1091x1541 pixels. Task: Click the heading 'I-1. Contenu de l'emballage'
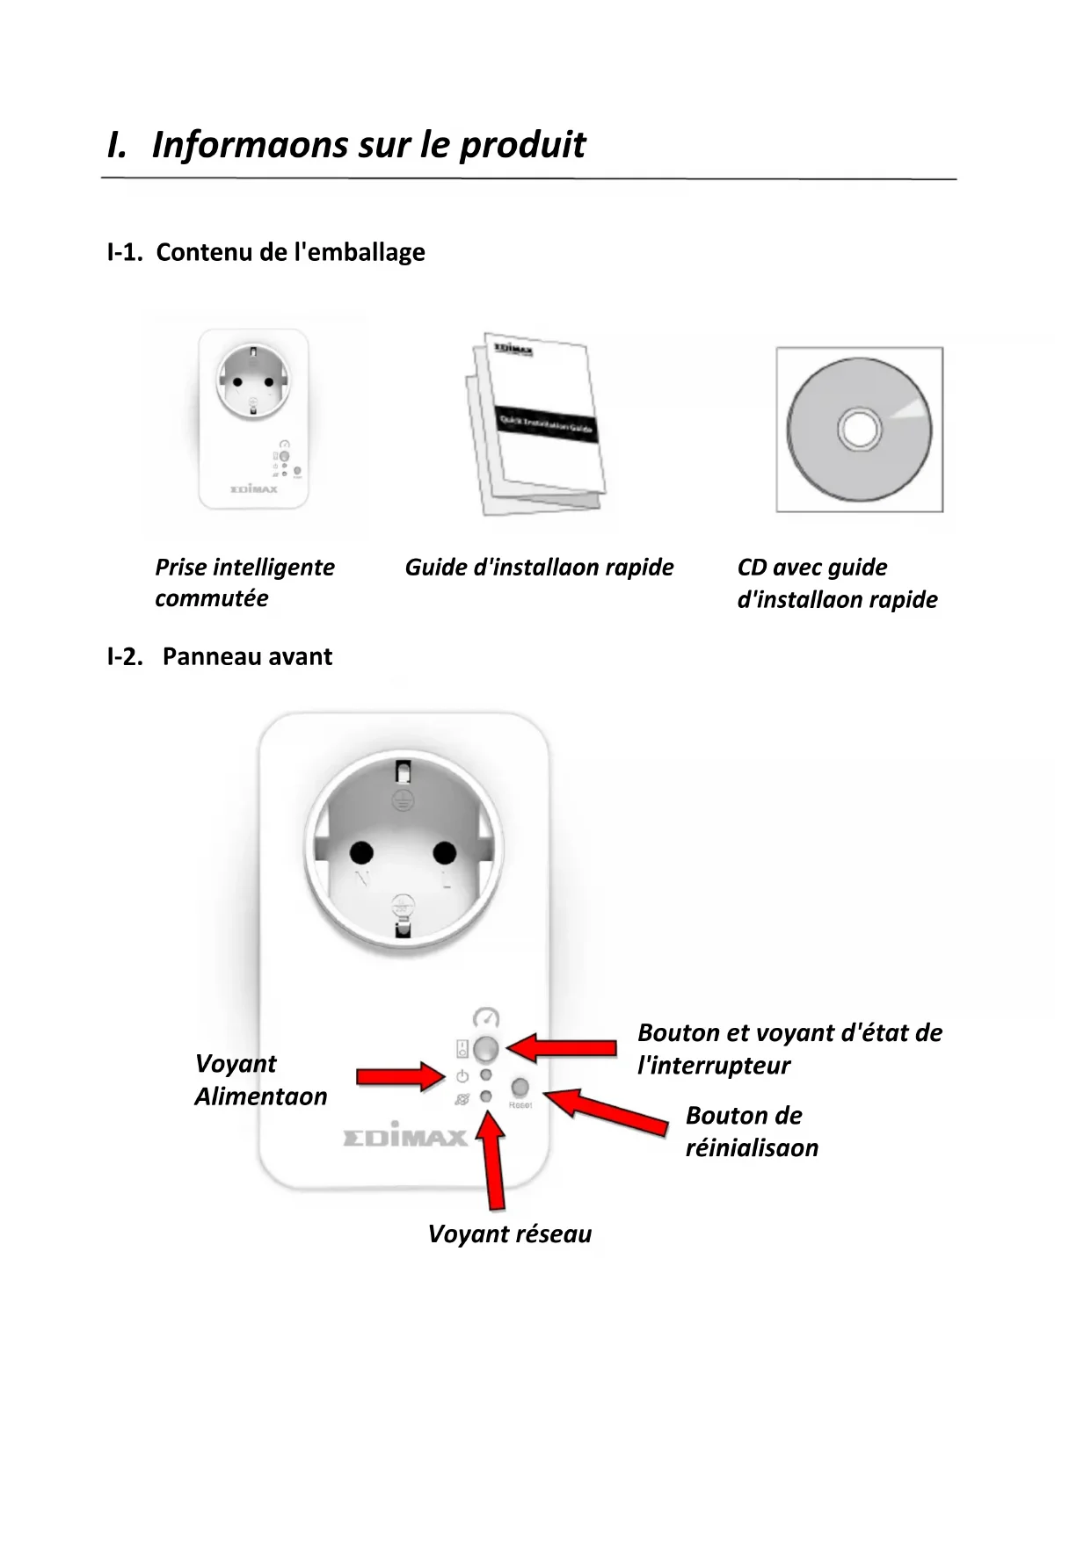(265, 252)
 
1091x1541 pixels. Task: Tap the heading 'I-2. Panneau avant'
(220, 656)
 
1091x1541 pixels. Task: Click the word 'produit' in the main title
(522, 145)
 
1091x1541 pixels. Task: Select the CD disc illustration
(859, 429)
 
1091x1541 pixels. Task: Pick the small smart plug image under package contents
(253, 419)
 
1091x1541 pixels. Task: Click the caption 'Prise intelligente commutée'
(244, 582)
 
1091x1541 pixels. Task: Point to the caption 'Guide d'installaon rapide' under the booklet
(539, 568)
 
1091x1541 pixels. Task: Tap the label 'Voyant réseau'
(510, 1234)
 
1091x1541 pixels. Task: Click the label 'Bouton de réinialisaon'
(752, 1132)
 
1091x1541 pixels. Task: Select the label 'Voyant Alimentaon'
(260, 1080)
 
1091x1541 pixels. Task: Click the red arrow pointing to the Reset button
(607, 1111)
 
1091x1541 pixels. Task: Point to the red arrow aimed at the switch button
(563, 1047)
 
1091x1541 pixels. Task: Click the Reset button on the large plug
(520, 1088)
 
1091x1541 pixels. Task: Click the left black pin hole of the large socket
(361, 852)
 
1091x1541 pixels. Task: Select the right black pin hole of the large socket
(445, 852)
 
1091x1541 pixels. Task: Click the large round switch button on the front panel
(486, 1048)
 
